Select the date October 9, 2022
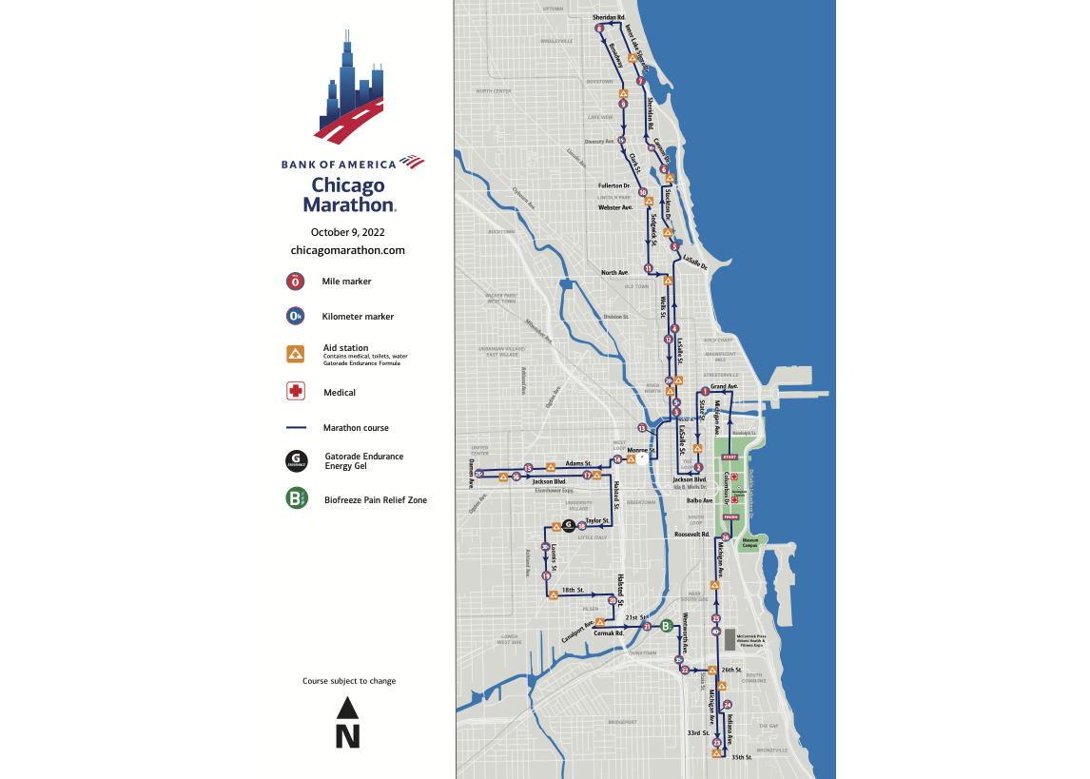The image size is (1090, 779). (347, 231)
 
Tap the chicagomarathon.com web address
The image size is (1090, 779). (347, 250)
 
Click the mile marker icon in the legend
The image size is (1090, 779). (296, 282)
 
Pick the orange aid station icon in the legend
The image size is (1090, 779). (296, 354)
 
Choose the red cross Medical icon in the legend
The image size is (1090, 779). (296, 392)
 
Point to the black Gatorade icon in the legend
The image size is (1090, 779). (296, 461)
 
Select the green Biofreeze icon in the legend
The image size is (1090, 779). (296, 498)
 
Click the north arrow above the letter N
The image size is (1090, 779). (347, 709)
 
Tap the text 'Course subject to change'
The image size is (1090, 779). (348, 681)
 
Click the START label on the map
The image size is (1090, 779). (731, 458)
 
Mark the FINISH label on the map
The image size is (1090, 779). (730, 516)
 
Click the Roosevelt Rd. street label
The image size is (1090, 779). (691, 535)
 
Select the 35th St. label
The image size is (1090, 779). (742, 757)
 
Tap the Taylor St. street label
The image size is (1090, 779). (597, 520)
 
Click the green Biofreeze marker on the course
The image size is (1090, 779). (667, 626)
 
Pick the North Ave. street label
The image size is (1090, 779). (614, 272)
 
